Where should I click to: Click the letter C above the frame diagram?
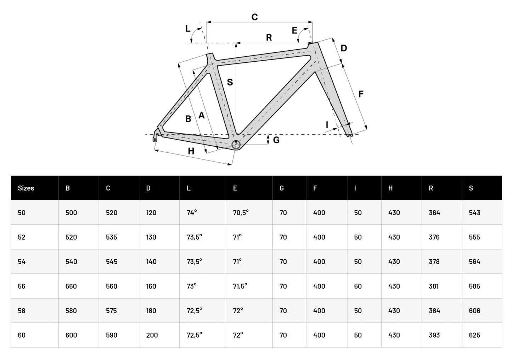point(254,17)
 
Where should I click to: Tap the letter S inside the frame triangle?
point(230,82)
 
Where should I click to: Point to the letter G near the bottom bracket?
point(276,140)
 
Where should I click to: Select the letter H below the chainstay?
point(191,151)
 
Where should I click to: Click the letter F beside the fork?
point(361,94)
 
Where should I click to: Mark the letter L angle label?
point(188,29)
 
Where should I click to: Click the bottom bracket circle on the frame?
point(236,144)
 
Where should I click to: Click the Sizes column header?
point(26,188)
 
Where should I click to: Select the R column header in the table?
point(431,188)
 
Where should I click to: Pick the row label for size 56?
point(22,286)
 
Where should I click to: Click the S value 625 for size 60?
point(474,335)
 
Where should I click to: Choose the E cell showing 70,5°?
point(241,213)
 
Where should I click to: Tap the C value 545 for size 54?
point(112,262)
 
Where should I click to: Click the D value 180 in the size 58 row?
point(151,311)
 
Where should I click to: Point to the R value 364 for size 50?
point(434,213)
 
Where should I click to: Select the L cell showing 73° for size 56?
point(192,286)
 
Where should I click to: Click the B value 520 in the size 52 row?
point(71,237)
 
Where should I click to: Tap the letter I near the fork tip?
point(327,124)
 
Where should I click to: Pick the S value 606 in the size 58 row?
point(474,311)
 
